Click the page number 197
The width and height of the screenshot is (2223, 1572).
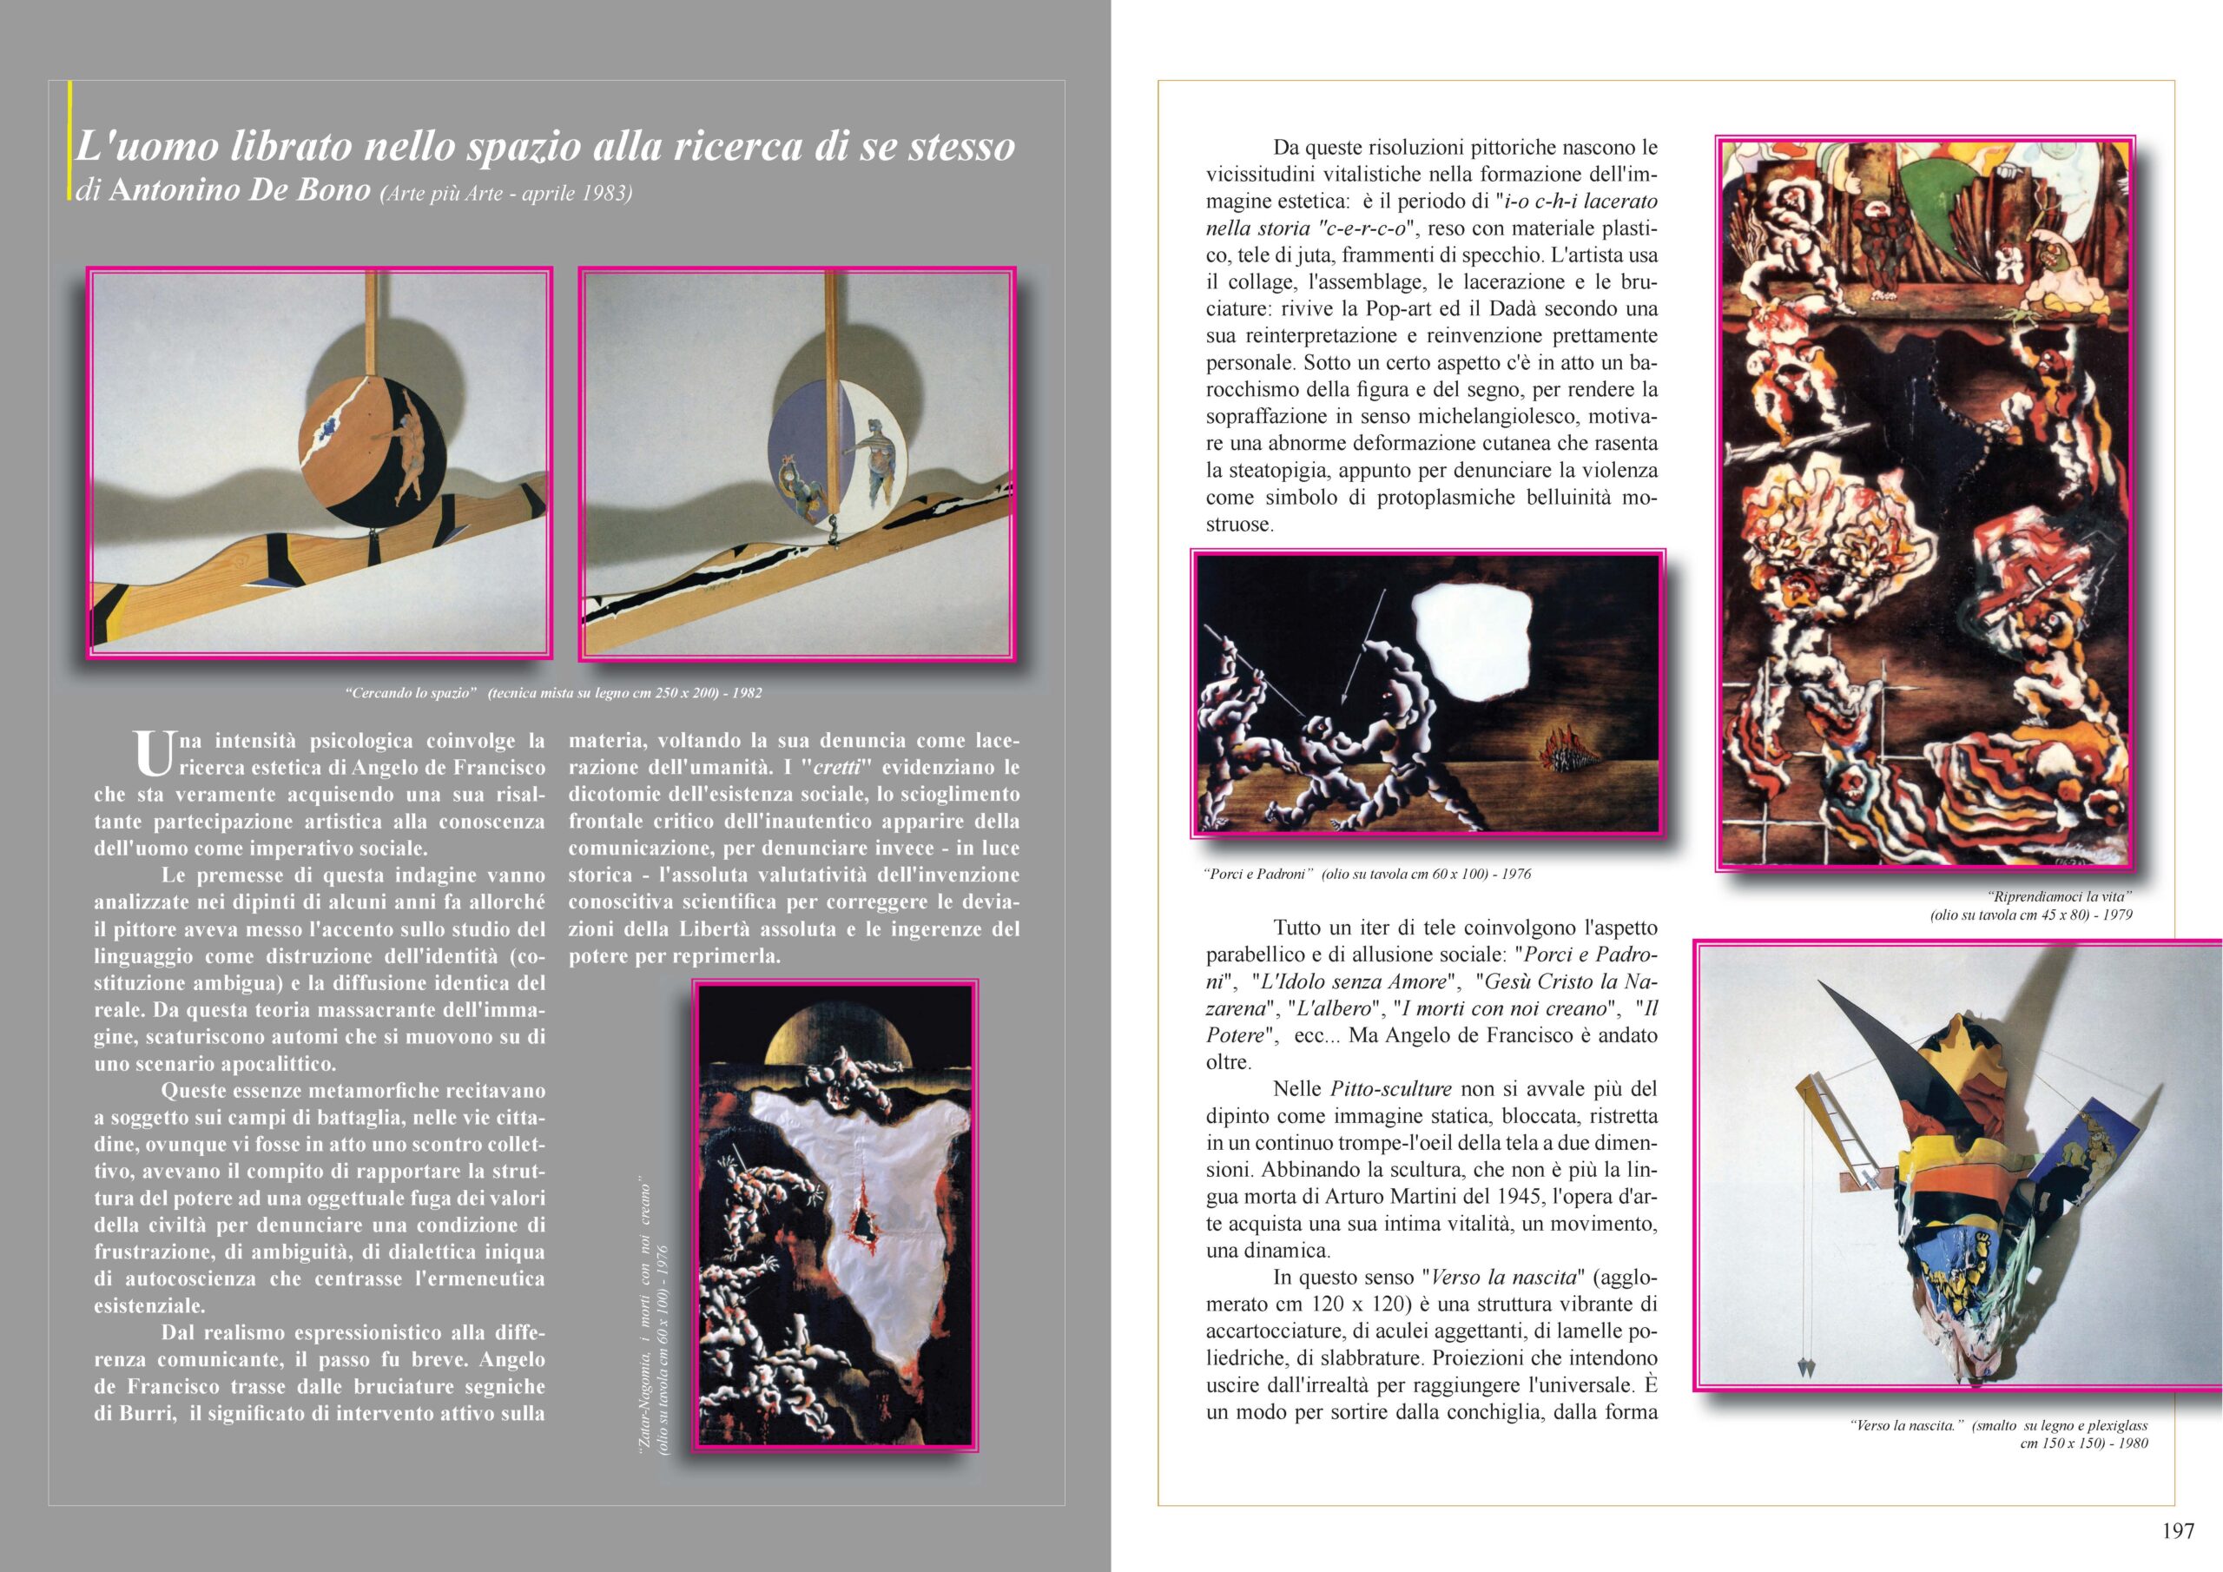pos(2178,1531)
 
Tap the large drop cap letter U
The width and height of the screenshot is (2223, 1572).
pos(152,754)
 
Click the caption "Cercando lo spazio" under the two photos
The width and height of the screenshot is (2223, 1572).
pos(553,692)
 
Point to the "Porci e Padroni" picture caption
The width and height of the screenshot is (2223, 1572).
pos(1366,874)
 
